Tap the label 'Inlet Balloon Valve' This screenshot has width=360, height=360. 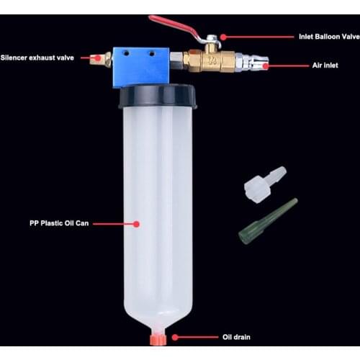329,37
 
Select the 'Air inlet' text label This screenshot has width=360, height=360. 325,66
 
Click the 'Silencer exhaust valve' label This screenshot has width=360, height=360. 37,58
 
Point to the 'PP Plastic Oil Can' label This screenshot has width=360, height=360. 59,223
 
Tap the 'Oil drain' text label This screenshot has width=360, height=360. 236,337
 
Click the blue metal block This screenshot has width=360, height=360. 141,67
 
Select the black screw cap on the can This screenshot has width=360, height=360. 158,96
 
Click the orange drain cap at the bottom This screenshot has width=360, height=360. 158,339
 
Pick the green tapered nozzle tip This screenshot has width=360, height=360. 268,221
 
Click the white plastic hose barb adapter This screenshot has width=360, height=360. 265,185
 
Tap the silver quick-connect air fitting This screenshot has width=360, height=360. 252,63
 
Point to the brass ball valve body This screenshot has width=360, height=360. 209,60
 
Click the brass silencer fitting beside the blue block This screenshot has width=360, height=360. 101,59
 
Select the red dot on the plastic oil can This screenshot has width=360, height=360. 137,224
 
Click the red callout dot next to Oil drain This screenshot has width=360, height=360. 175,338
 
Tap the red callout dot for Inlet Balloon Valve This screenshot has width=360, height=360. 223,37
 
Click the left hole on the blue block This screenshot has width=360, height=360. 126,53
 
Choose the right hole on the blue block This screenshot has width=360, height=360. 152,54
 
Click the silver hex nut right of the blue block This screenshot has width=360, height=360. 176,58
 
